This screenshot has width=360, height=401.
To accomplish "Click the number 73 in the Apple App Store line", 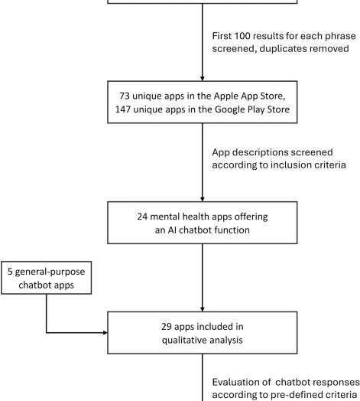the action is [x=125, y=96].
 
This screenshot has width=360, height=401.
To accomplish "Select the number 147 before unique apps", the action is [x=122, y=109].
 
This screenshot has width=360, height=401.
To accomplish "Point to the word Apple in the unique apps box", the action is [x=226, y=96].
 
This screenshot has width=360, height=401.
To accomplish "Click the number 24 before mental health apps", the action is [x=142, y=217].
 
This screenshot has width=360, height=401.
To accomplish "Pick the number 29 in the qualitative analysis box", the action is [x=167, y=327].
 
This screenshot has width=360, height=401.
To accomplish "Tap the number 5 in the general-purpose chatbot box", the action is [x=10, y=272].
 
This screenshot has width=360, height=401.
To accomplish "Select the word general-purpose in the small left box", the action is [x=50, y=272].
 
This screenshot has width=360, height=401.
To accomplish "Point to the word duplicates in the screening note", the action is [x=281, y=49].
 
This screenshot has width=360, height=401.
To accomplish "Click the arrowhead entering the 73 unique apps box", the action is [x=203, y=79].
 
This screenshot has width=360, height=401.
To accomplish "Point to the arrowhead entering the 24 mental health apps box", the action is [x=203, y=199].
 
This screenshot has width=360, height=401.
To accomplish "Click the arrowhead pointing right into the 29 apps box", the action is [x=105, y=333].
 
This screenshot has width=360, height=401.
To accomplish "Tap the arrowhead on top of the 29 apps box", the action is [x=203, y=309].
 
